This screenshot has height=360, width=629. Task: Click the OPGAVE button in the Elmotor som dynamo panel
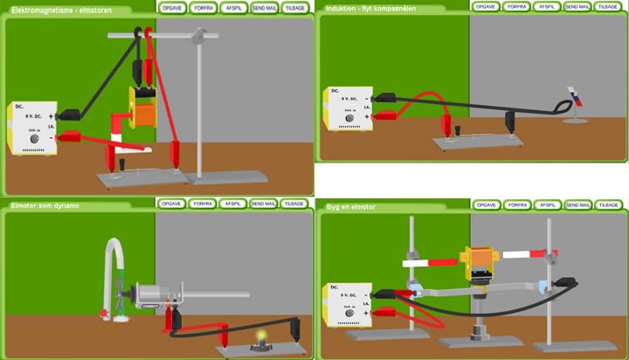(171, 204)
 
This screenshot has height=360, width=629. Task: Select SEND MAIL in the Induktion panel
(577, 6)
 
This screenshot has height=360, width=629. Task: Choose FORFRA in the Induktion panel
(516, 6)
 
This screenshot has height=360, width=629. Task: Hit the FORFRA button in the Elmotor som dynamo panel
(202, 204)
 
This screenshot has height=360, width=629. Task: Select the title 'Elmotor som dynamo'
(45, 205)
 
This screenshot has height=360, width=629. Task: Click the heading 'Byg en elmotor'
(352, 205)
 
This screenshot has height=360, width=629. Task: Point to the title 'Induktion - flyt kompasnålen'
(370, 8)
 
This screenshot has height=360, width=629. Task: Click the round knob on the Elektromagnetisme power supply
(34, 139)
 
